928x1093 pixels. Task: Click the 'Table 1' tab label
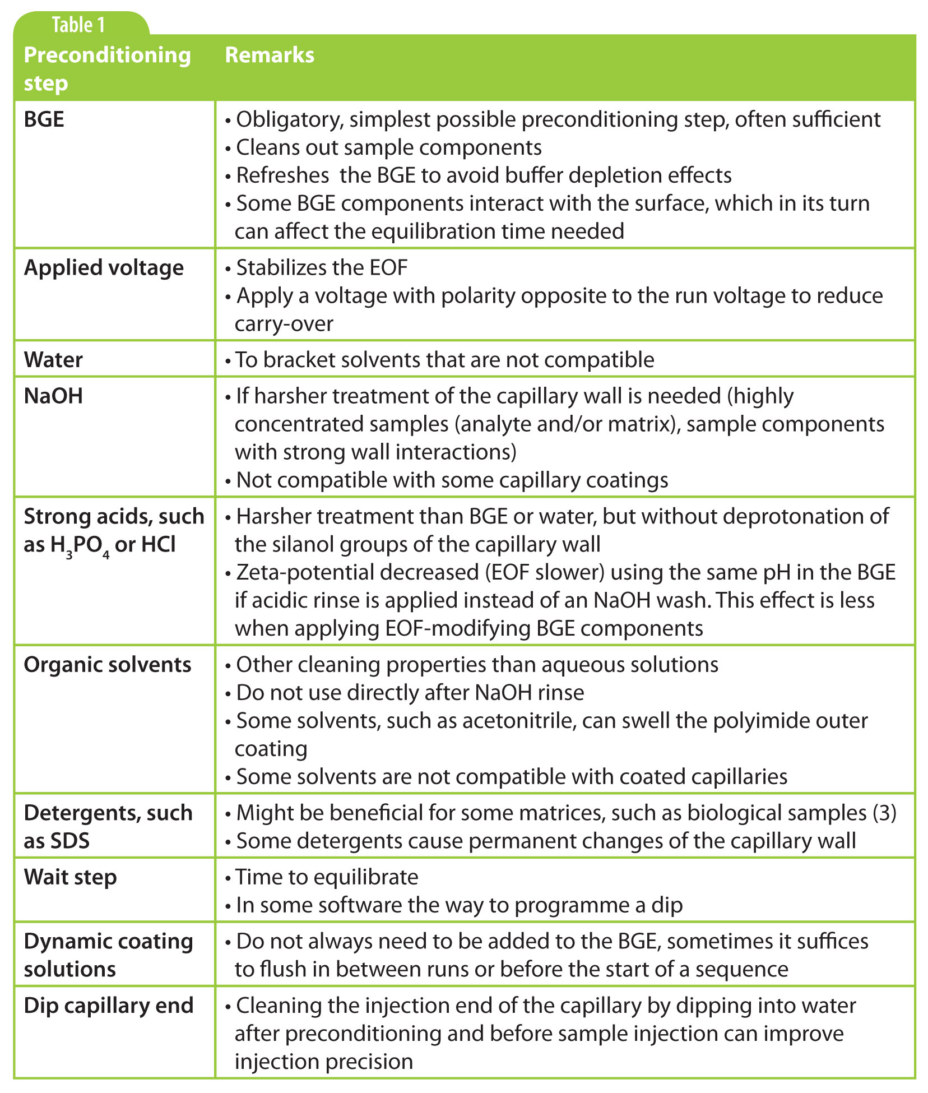pyautogui.click(x=78, y=25)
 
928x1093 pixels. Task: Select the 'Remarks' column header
pyautogui.click(x=270, y=55)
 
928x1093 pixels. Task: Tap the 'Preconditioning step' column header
pyautogui.click(x=107, y=68)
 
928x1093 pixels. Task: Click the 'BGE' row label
pyautogui.click(x=44, y=119)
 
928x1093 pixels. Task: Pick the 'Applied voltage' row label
pyautogui.click(x=104, y=267)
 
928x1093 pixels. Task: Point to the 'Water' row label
pyautogui.click(x=53, y=359)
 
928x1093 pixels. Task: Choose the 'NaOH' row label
pyautogui.click(x=53, y=396)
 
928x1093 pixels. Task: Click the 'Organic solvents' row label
pyautogui.click(x=108, y=664)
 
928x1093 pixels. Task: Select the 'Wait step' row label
pyautogui.click(x=70, y=877)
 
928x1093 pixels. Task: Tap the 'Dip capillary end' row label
pyautogui.click(x=109, y=1005)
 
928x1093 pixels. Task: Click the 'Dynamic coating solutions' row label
pyautogui.click(x=108, y=955)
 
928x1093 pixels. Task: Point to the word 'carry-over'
pyautogui.click(x=284, y=323)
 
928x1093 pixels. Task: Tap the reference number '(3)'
pyautogui.click(x=885, y=813)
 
